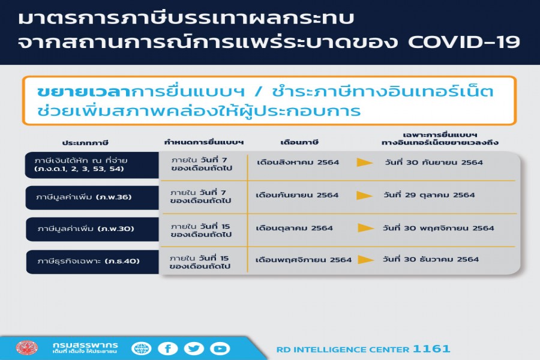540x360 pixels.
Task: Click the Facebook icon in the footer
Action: [x=168, y=349]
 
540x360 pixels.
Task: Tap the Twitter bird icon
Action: [x=194, y=349]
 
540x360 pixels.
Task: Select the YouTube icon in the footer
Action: [x=220, y=349]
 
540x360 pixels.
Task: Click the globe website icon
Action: [x=141, y=349]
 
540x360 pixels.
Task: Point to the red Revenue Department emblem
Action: [x=26, y=348]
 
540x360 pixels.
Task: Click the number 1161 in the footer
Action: [x=431, y=349]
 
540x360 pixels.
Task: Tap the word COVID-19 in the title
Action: [x=464, y=42]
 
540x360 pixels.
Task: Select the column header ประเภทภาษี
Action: [x=85, y=143]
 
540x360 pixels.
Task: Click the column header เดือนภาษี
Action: [x=299, y=142]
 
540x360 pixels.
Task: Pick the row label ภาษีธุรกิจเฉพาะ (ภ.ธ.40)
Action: [x=89, y=261]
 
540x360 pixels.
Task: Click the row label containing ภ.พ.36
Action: [x=83, y=197]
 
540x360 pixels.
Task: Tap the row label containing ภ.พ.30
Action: [x=86, y=229]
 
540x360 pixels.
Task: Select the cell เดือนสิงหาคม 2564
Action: [x=298, y=162]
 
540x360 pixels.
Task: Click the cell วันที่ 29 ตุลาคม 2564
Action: [x=429, y=195]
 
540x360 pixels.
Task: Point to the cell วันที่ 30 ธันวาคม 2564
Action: [x=430, y=259]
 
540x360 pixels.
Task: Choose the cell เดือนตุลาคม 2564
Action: [x=294, y=228]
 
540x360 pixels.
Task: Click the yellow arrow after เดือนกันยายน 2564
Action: [x=364, y=196]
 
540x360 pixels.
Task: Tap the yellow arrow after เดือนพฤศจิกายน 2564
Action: [x=366, y=259]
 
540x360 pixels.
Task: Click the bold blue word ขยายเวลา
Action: [x=83, y=92]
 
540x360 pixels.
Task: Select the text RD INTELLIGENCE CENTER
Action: [x=343, y=350]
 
